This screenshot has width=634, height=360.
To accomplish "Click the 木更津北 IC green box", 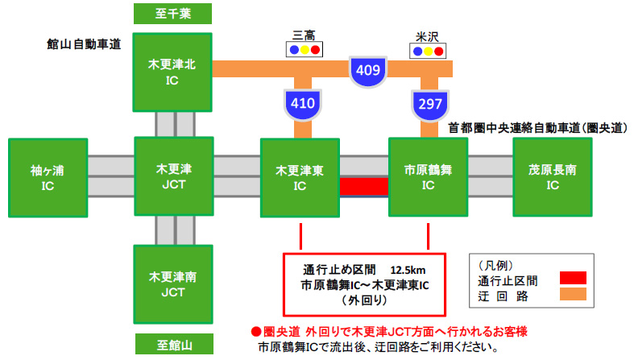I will coord(173,72).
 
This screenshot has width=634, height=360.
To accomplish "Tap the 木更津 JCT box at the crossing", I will coord(173,176).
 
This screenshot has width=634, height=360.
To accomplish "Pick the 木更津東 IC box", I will coord(300,176).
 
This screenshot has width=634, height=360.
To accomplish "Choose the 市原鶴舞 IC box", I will coord(427,176).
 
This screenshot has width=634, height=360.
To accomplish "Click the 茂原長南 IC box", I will coord(553,176).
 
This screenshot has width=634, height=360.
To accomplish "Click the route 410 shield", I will coord(301,103).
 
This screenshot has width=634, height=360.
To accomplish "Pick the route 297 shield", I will coord(428,103).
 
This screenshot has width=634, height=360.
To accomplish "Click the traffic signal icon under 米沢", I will coord(428,51).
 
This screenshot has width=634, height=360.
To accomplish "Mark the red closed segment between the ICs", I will coord(364,187).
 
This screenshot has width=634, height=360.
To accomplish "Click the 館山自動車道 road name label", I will coord(84,45).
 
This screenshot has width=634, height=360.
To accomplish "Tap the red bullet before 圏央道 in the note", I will coord(254,332).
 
